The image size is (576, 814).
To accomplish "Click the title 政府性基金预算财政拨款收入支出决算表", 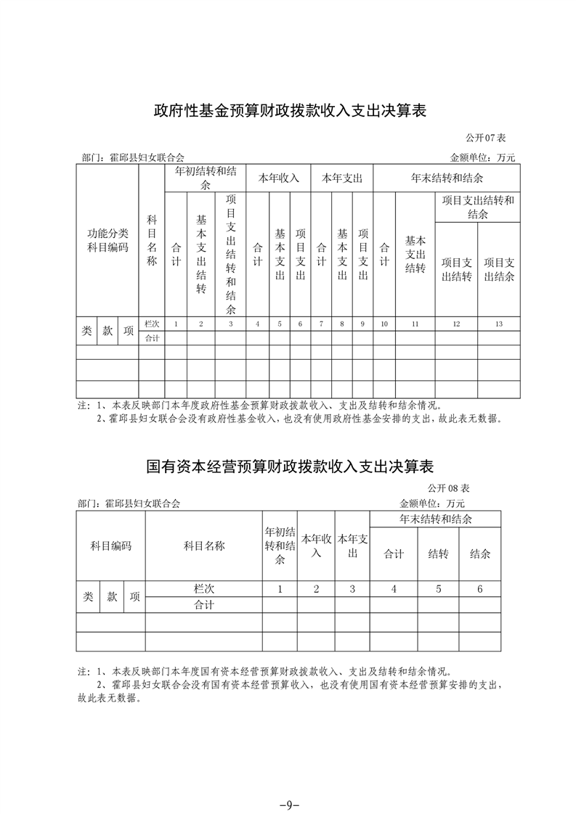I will (288, 111).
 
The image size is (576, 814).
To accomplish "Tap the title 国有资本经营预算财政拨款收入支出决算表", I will (289, 465).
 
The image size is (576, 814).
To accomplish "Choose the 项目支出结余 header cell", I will (498, 270).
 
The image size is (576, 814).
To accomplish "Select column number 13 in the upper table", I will (498, 324).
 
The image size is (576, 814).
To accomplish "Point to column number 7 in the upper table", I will (321, 324).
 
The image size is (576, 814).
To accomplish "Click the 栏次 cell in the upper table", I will (152, 324).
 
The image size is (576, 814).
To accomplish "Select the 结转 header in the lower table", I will (438, 554).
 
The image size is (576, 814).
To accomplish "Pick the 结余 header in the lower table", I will (480, 554).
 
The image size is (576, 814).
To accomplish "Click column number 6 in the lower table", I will (480, 589).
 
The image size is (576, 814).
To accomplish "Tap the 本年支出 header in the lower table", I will (352, 546).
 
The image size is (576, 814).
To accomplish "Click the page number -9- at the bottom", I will (288, 784).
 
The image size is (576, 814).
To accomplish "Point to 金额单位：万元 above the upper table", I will (482, 157).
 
